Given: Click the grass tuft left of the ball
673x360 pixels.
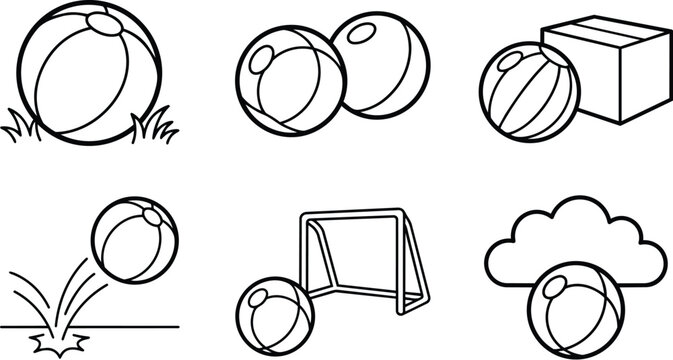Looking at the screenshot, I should click(x=22, y=127).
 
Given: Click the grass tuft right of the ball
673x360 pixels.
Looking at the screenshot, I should click(x=154, y=127).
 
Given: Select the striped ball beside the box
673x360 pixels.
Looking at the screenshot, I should click(x=528, y=92).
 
